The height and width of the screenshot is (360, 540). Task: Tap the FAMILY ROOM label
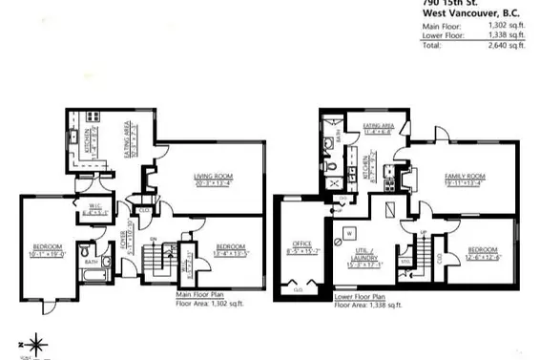465,177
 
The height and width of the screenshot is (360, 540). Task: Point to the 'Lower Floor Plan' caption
362,297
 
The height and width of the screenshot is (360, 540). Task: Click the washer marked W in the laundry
349,232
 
